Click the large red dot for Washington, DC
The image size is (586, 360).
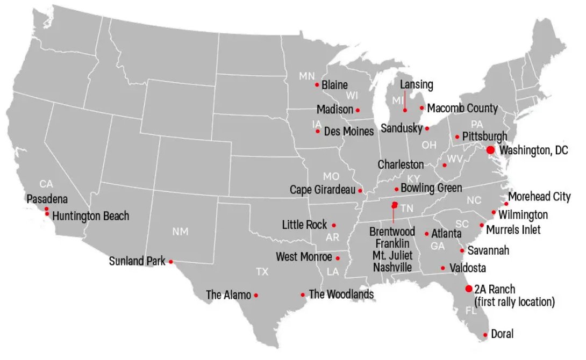point(490,150)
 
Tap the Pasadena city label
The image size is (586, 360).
point(47,199)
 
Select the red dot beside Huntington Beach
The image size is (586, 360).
point(47,214)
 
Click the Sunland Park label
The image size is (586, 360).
point(137,262)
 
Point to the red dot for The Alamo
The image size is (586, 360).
point(256,295)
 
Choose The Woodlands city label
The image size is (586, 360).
point(341,294)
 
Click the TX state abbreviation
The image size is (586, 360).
point(262,272)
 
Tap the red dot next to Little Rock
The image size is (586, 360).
point(334,225)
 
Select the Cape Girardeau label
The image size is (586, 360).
point(323,190)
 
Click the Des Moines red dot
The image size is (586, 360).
point(318,131)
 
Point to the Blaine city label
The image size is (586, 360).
point(334,85)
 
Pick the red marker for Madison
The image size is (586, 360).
point(358,110)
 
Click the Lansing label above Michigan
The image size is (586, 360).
point(416,85)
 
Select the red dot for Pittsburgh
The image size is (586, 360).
point(457,137)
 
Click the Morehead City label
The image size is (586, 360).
point(539,197)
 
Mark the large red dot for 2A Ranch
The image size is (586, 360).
point(469,289)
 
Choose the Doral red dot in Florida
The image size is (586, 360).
point(485,335)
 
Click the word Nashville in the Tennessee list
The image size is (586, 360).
point(393,267)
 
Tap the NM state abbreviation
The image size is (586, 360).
point(180,232)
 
